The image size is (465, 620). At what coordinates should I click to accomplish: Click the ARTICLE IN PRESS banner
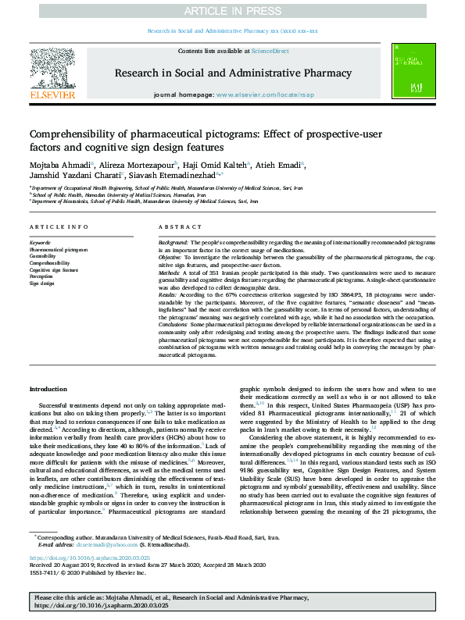232,11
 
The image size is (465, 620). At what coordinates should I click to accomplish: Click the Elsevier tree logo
52,70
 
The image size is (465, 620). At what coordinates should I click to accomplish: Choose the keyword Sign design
41,283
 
